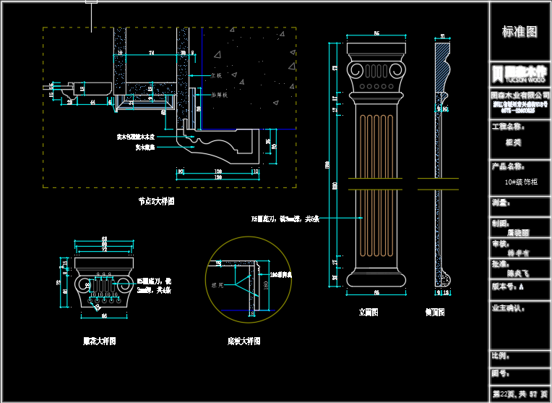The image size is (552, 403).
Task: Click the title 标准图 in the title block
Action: [x=519, y=33]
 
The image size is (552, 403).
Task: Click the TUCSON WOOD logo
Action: [x=519, y=74]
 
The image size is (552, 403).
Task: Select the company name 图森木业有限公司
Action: [x=519, y=95]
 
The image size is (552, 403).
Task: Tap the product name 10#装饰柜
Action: [x=521, y=182]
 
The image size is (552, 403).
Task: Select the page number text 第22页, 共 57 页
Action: [x=519, y=394]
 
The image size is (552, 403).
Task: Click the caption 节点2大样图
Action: [x=156, y=201]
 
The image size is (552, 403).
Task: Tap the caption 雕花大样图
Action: [x=99, y=340]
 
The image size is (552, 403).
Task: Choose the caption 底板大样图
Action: [x=243, y=341]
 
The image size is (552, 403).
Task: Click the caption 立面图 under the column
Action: [x=368, y=313]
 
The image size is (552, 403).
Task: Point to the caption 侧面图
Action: [x=435, y=313]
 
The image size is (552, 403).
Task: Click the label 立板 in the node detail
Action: [x=216, y=75]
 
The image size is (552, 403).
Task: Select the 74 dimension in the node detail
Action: [x=151, y=53]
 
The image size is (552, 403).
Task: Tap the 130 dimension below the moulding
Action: [x=217, y=177]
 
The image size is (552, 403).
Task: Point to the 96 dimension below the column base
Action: [x=376, y=292]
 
